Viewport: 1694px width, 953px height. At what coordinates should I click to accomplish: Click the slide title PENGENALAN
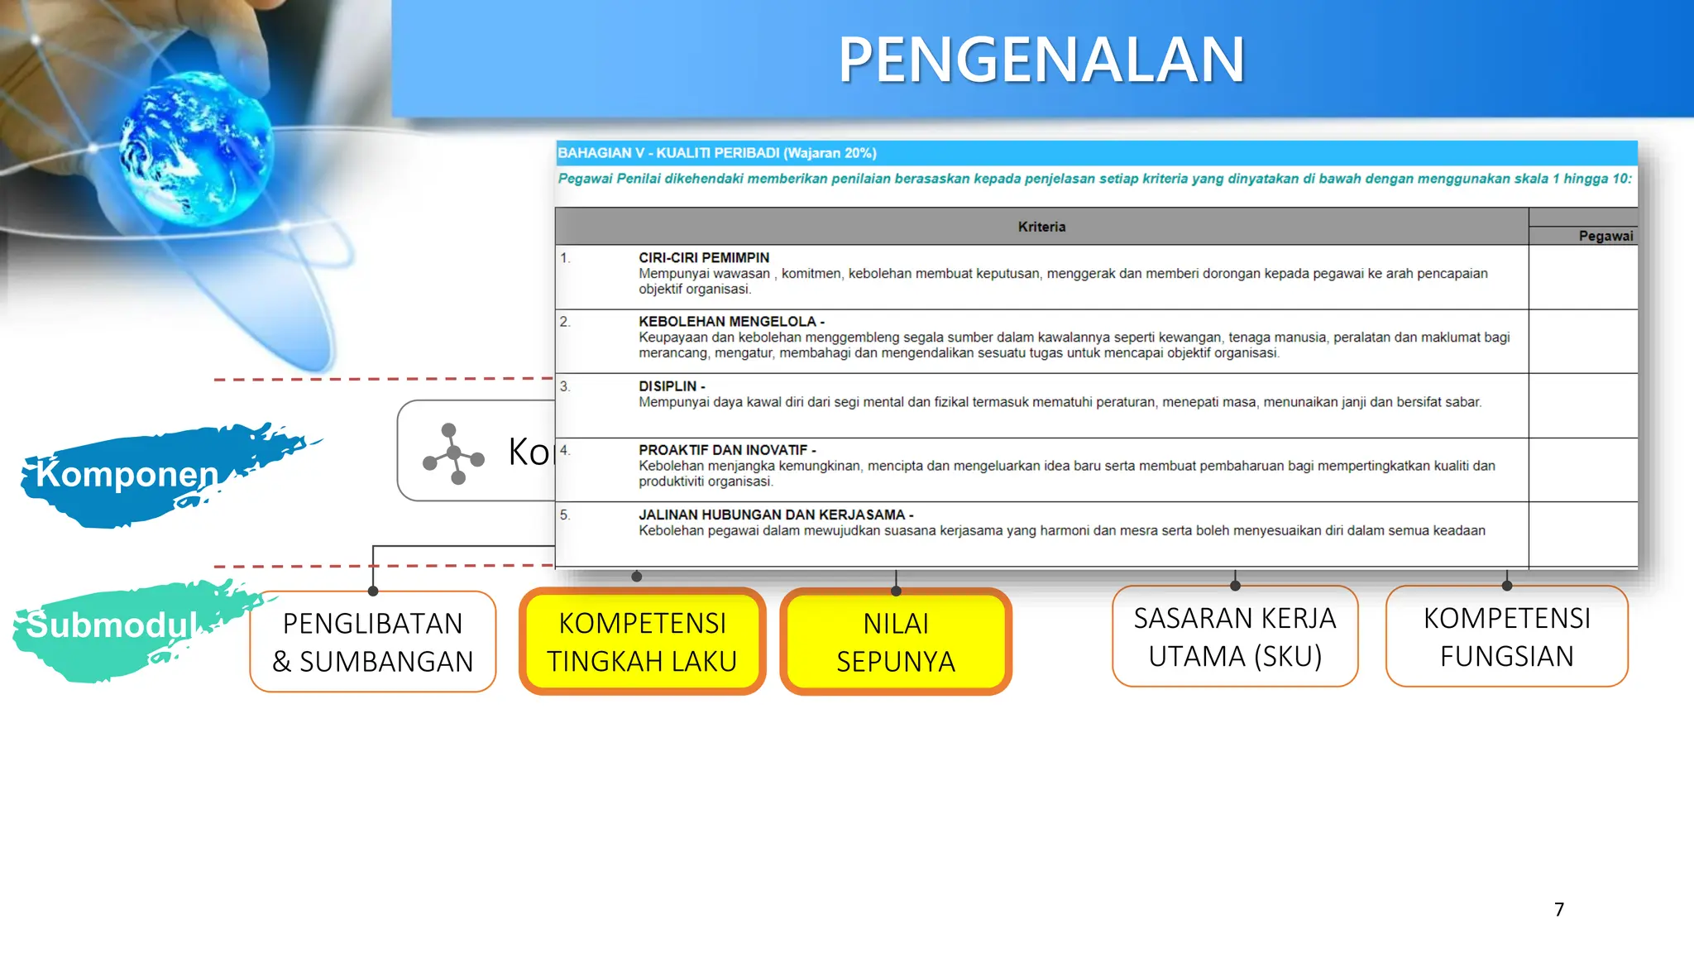click(1041, 60)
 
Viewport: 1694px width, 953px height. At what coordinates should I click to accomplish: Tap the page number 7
click(1558, 909)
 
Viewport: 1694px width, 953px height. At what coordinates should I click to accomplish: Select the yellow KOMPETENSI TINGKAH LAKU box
click(642, 642)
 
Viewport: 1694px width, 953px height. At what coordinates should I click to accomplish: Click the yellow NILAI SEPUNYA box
click(896, 642)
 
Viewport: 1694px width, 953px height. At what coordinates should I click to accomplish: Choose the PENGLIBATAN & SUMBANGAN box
click(372, 642)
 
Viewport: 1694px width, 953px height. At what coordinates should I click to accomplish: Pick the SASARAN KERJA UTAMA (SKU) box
click(1234, 637)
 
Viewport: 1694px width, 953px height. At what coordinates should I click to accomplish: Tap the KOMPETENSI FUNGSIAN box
click(1506, 637)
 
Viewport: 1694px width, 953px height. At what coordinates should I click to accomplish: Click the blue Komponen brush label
click(128, 475)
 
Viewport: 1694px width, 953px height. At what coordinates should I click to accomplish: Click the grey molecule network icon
click(452, 453)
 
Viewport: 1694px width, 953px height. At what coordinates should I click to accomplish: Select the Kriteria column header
click(1041, 227)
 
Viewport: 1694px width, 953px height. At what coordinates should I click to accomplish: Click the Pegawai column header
click(1605, 236)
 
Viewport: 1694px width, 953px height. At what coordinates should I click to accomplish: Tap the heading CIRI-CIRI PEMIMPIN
click(703, 258)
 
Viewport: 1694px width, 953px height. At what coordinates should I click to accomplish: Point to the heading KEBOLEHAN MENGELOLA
click(728, 322)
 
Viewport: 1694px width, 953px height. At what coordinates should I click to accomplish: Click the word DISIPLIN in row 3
click(668, 386)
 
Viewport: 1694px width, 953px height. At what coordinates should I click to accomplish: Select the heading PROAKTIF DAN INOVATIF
click(724, 450)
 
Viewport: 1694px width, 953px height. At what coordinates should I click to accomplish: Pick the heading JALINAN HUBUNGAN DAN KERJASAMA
click(772, 515)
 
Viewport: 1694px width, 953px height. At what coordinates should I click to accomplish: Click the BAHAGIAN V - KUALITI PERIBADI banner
click(716, 153)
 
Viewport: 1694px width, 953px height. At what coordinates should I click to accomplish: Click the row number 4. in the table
click(565, 451)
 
